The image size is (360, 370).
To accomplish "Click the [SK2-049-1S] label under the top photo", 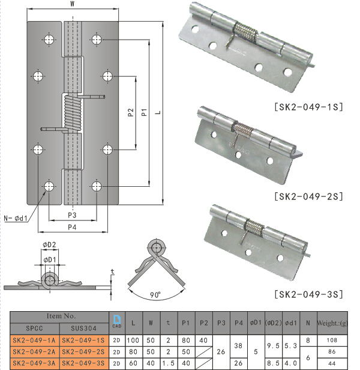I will coord(308,108).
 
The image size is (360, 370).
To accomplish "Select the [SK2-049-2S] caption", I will coord(308,196).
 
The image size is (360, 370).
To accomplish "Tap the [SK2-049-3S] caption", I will coord(308,294).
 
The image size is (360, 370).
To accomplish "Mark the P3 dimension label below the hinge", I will coord(72,214).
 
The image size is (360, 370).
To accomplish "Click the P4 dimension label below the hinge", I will coord(72,226).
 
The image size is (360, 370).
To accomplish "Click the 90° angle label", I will coord(157,295).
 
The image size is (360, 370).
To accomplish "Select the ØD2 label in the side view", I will coord(49,244).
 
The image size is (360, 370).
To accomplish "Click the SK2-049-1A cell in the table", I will coord(34,339).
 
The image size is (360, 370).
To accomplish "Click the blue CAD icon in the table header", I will coord(117,322).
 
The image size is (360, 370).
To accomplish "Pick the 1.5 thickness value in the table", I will coord(168,363).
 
